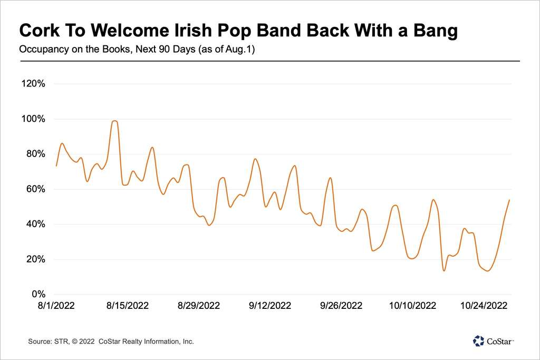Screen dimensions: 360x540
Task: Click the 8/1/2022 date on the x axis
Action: (56, 305)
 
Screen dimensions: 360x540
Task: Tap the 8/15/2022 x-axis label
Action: (128, 305)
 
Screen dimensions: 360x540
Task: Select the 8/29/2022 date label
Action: (199, 305)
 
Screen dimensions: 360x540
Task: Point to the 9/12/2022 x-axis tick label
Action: (270, 305)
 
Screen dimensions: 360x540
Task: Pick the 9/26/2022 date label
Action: (341, 305)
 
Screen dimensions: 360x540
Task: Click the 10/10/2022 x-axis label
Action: (412, 305)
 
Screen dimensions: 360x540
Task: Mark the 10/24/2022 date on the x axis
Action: (484, 305)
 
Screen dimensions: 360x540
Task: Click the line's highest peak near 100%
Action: (114, 121)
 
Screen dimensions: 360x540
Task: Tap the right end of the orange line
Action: (509, 200)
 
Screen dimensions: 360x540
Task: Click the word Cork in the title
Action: (36, 31)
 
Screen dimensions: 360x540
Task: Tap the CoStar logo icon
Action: (478, 341)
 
